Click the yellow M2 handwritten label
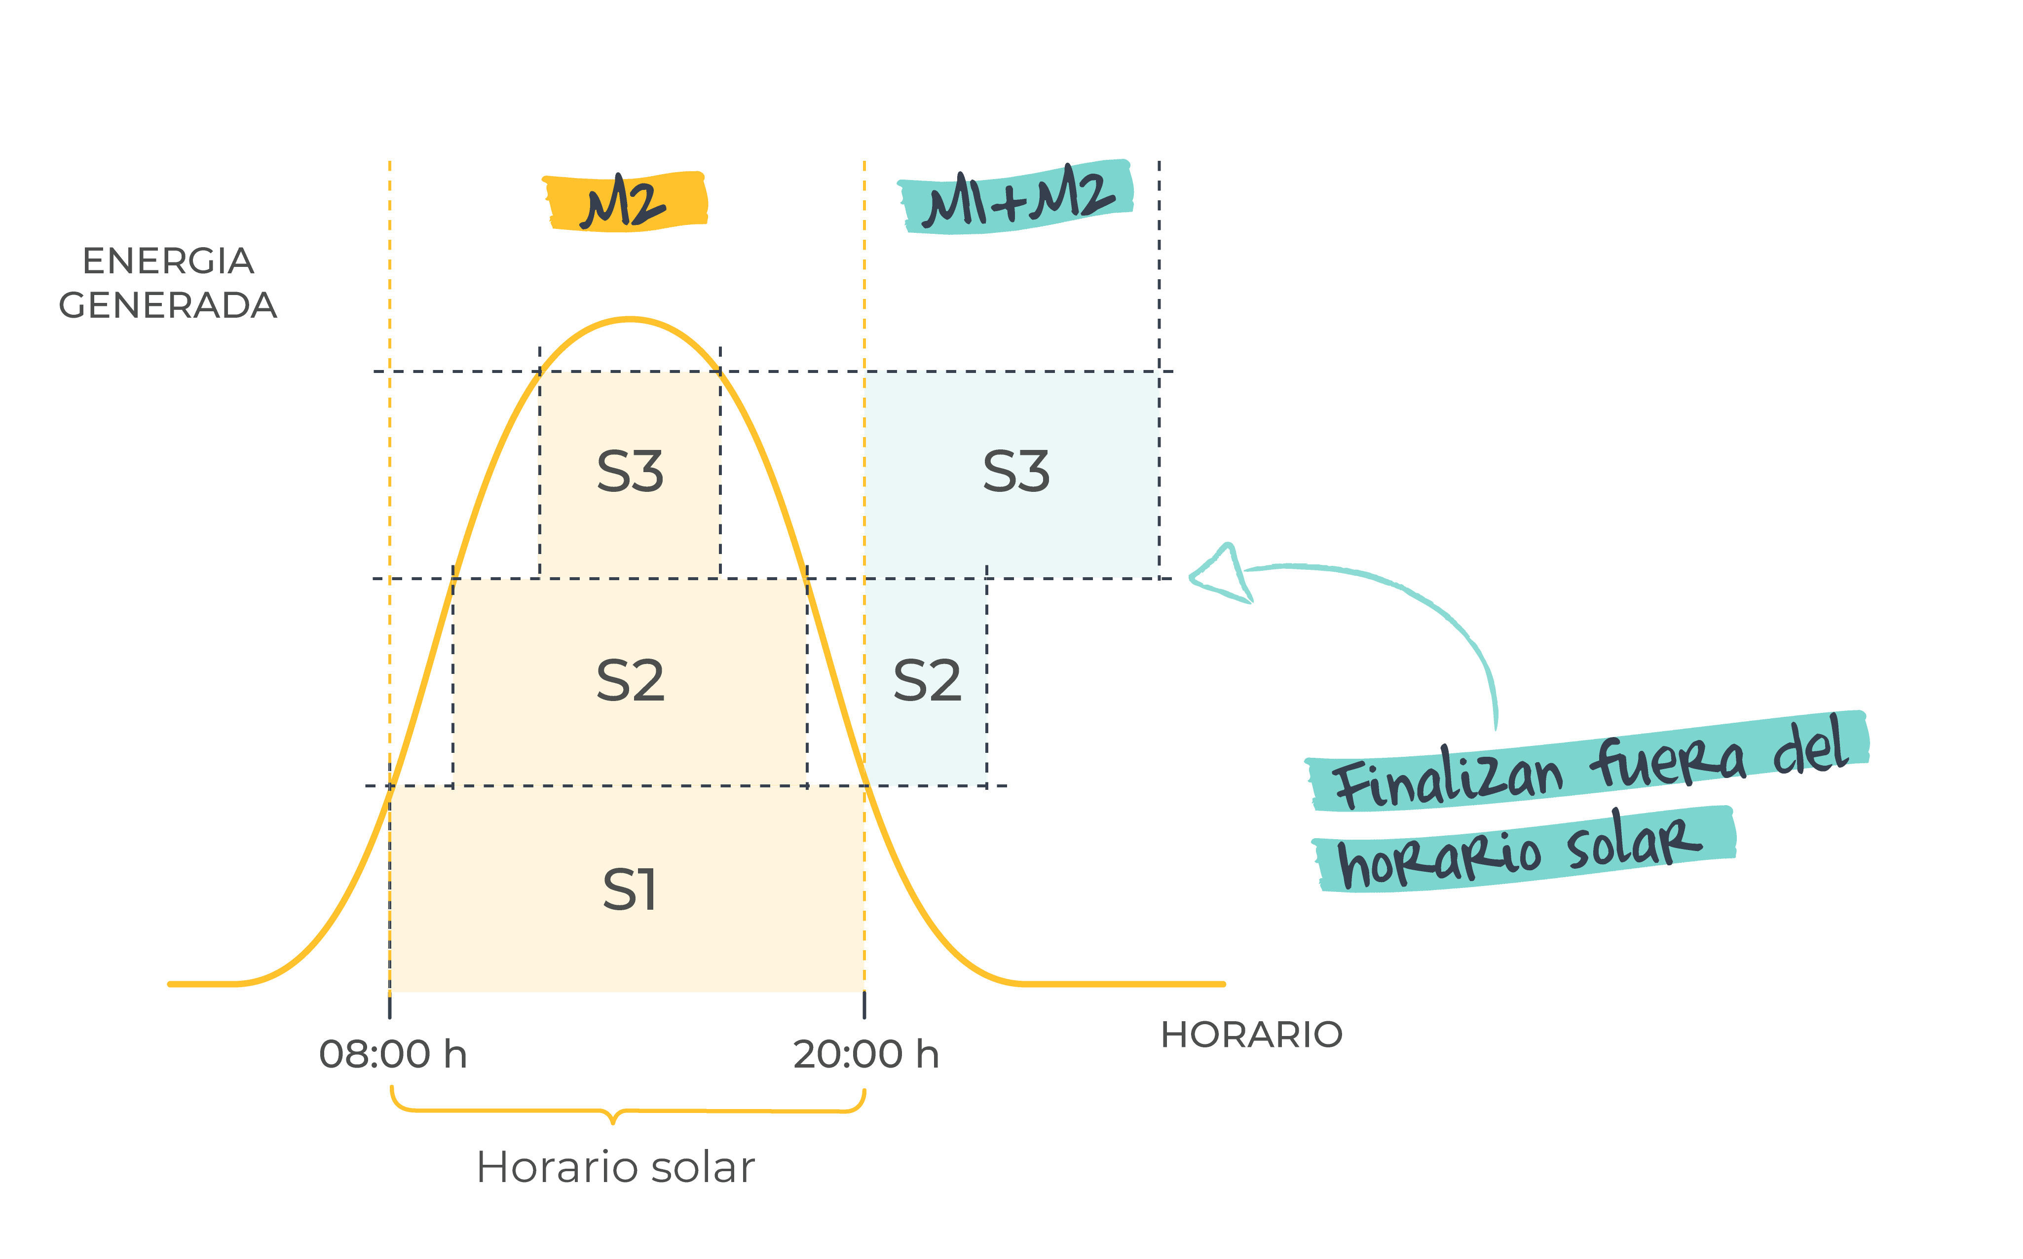tap(625, 202)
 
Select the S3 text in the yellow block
tap(631, 471)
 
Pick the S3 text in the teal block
tap(1016, 471)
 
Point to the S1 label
tap(629, 889)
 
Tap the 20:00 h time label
tap(866, 1054)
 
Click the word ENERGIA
tap(168, 260)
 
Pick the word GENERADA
tap(168, 305)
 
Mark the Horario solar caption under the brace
tap(615, 1167)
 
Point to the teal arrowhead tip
tap(1193, 575)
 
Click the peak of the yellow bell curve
tap(631, 318)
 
